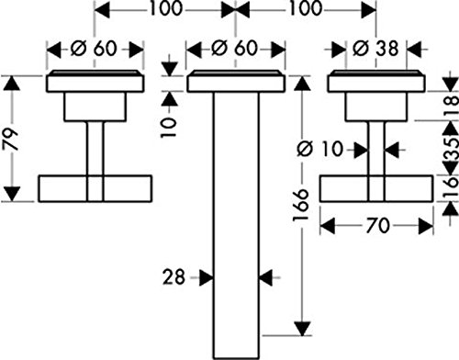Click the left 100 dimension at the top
pos(165,8)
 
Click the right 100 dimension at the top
pos(307,8)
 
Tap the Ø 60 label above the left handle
pos(94,49)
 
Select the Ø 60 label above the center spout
pos(235,49)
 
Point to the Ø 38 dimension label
pos(375,49)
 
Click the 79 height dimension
pos(11,140)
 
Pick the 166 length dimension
pos(300,205)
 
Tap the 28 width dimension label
pos(174,277)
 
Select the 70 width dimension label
pos(378,225)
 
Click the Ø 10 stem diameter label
pos(320,150)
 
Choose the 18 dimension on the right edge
pos(452,106)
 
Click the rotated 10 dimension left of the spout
pos(169,128)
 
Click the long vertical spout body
pos(236,225)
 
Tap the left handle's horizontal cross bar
pos(95,188)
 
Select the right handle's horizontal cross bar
pos(376,188)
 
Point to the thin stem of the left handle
pos(95,148)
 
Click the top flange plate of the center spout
pos(236,82)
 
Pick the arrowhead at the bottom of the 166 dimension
pos(302,329)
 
